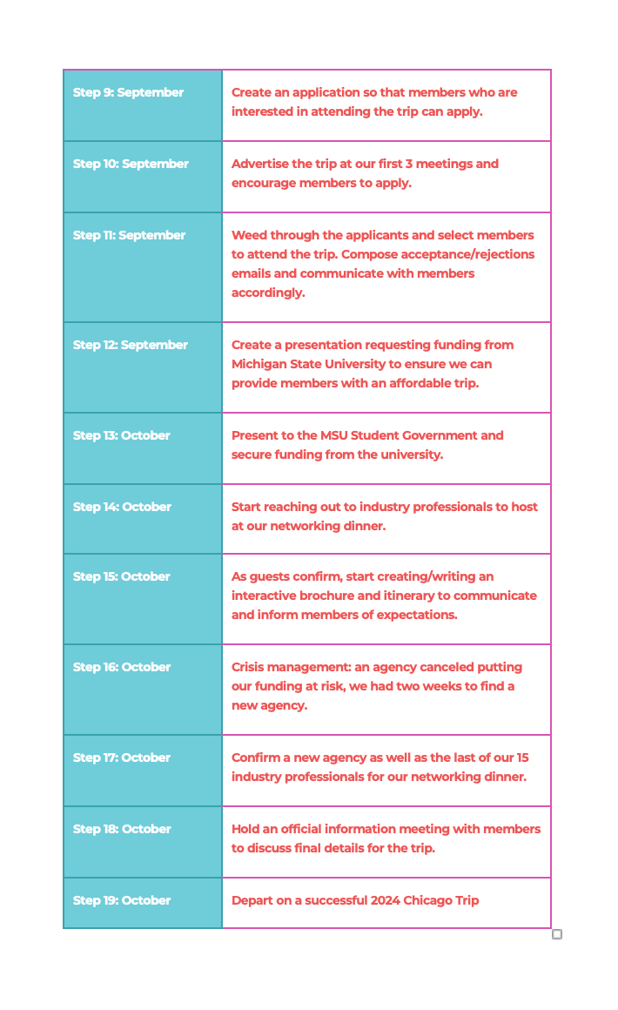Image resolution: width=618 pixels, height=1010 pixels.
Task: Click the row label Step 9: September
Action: click(128, 92)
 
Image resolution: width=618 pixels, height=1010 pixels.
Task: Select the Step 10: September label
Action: click(131, 164)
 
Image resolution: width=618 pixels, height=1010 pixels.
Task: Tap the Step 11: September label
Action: click(129, 235)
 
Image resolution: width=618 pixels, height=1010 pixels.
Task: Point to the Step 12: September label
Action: click(130, 345)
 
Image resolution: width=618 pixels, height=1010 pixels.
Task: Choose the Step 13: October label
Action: click(121, 435)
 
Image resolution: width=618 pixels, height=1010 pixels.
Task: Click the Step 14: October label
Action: click(122, 507)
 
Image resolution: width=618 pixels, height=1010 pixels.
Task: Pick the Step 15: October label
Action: click(121, 576)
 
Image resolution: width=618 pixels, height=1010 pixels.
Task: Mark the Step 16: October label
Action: click(122, 667)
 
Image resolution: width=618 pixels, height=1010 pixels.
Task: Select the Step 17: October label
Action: click(121, 757)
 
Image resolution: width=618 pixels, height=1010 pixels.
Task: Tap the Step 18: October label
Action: click(122, 829)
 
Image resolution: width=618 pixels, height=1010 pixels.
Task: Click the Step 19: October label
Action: click(121, 900)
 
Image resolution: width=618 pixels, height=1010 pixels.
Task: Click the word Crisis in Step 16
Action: click(250, 667)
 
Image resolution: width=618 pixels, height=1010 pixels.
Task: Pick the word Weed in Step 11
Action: click(249, 235)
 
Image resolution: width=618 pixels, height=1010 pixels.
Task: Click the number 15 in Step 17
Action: click(522, 757)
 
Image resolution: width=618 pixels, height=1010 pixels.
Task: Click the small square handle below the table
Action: click(557, 934)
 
